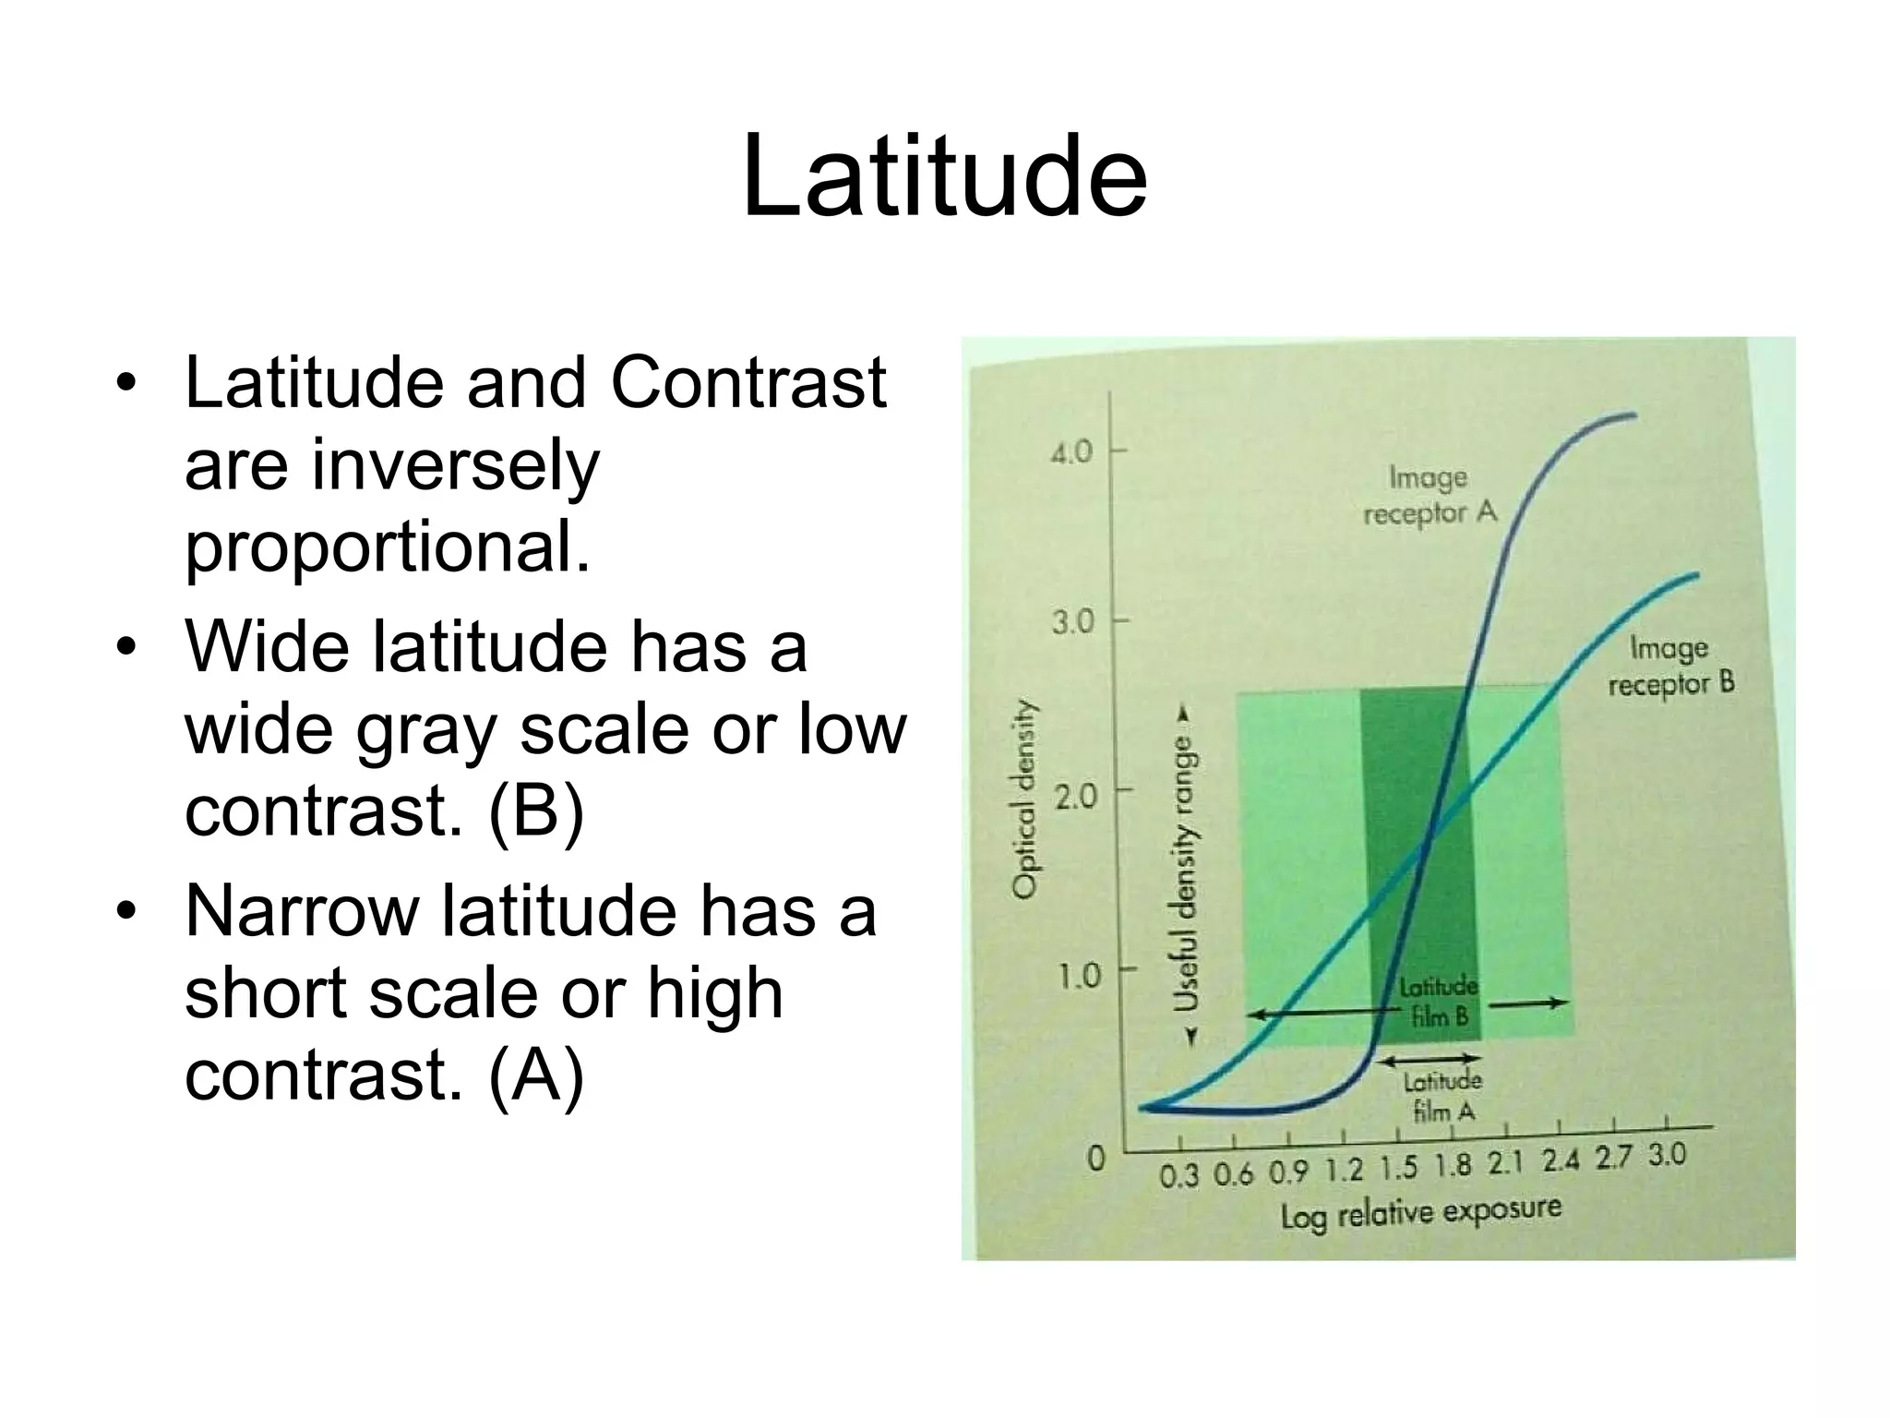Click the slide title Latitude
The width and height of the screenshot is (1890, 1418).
point(944,176)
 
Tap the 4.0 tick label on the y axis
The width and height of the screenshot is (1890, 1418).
point(1071,452)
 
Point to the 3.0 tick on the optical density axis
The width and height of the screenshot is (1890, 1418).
point(1071,622)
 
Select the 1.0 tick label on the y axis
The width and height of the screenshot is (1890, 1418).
point(1076,976)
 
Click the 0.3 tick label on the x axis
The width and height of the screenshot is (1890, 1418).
point(1178,1176)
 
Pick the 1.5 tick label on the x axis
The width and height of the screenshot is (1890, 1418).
point(1398,1169)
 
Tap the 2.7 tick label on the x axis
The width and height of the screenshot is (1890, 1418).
point(1613,1158)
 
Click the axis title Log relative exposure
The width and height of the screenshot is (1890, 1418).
point(1420,1212)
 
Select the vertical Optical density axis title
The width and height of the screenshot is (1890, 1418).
point(1023,799)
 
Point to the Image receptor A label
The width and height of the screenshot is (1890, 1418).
point(1429,496)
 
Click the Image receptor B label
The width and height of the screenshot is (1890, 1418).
point(1670,666)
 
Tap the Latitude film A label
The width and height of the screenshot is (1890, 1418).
point(1442,1096)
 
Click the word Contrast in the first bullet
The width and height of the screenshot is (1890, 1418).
point(748,382)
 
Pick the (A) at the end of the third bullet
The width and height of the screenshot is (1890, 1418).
point(536,1075)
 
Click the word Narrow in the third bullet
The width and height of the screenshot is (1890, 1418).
point(302,910)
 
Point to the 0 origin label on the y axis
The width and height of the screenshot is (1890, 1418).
point(1095,1158)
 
